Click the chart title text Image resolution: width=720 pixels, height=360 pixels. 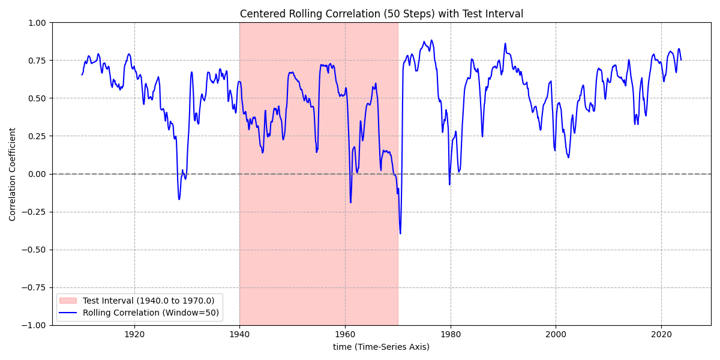[381, 14]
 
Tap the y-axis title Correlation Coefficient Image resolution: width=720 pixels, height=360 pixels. [13, 174]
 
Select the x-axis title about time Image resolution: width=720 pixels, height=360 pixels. [381, 347]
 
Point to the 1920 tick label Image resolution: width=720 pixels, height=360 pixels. [134, 334]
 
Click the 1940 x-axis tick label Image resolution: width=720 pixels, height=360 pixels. [239, 334]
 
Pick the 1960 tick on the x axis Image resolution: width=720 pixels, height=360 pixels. [345, 334]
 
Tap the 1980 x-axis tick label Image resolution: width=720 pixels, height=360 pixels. [450, 334]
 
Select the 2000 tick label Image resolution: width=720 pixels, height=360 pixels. [556, 334]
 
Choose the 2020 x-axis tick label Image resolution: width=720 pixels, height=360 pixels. [661, 334]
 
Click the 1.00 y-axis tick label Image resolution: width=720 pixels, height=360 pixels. [37, 23]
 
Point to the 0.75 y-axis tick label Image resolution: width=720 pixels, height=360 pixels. [37, 61]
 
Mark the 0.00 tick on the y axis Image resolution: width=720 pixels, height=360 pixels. [37, 174]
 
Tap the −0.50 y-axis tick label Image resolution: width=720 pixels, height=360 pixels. [34, 250]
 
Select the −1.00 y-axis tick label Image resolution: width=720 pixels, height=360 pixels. [34, 325]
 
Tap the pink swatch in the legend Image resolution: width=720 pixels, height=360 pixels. [69, 301]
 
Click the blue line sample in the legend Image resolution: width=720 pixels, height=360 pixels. [69, 313]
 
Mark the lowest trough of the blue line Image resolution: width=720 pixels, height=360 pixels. [400, 233]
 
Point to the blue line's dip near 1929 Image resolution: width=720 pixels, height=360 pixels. [179, 199]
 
